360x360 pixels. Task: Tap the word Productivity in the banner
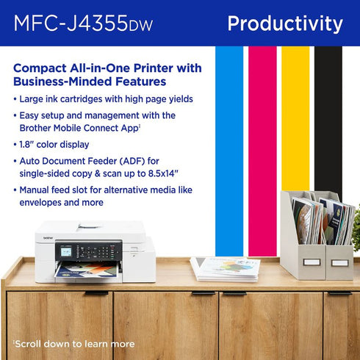click(285, 24)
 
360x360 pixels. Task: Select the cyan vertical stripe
click(229, 147)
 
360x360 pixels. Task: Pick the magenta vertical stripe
click(262, 147)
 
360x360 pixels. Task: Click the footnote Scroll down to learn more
click(73, 343)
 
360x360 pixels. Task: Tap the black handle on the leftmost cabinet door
click(96, 293)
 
